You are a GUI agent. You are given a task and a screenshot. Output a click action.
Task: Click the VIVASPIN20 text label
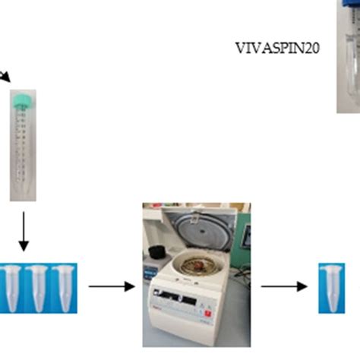(276, 49)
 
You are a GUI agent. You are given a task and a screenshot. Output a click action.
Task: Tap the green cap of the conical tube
(24, 99)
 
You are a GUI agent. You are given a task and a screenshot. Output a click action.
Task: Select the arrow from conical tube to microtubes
(24, 232)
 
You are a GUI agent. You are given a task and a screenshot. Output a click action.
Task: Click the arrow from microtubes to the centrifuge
(110, 286)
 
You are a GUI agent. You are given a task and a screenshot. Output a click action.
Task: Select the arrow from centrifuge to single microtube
(284, 286)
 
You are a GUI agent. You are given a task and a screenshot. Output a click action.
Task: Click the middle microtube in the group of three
(36, 287)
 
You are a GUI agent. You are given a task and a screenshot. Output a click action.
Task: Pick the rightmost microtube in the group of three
(62, 287)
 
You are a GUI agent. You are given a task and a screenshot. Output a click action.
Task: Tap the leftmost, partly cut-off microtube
(9, 287)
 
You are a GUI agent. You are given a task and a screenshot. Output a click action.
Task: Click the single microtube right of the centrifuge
(331, 286)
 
